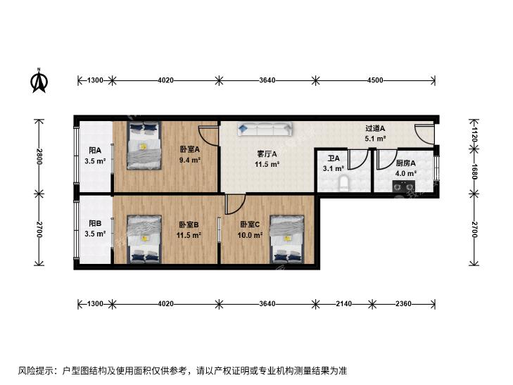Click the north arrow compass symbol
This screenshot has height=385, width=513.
coord(39,80)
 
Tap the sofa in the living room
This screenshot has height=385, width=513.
coord(265,129)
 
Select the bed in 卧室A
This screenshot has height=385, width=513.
coord(144,146)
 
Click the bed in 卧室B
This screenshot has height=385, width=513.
coord(144,239)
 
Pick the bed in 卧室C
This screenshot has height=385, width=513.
coord(287,239)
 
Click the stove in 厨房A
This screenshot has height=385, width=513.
coord(404,187)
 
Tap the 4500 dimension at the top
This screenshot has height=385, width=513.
coord(375,80)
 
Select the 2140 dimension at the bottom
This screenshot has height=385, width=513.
coord(344,304)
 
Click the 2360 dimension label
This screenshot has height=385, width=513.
coord(403,304)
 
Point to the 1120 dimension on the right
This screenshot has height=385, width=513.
coord(474,134)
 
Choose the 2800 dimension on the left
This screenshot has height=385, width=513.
coord(39,156)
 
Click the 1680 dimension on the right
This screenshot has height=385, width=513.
coord(474,172)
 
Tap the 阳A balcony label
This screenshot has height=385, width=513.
coord(95,151)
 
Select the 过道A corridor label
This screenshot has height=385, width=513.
coord(375,128)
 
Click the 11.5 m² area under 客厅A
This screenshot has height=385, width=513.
coord(267,164)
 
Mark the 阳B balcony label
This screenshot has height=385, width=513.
coord(95,224)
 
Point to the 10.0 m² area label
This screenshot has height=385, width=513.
coord(251,235)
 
